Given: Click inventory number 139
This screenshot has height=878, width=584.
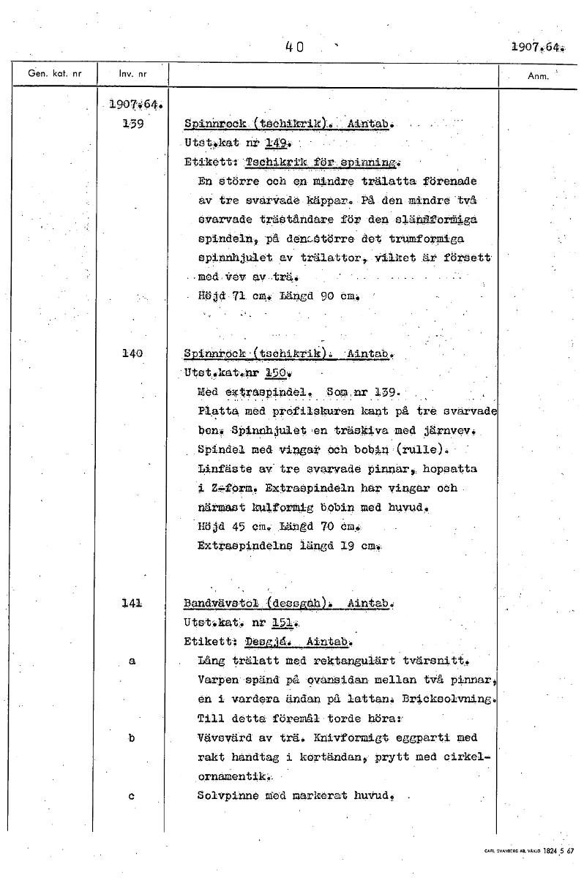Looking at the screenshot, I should click(132, 124).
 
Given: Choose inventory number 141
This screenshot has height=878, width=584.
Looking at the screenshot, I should click(132, 604).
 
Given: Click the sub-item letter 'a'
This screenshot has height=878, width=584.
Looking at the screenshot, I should click(132, 660).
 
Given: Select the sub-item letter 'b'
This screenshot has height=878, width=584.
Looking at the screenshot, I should click(132, 738).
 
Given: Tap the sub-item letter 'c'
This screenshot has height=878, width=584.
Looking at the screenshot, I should click(132, 796).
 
